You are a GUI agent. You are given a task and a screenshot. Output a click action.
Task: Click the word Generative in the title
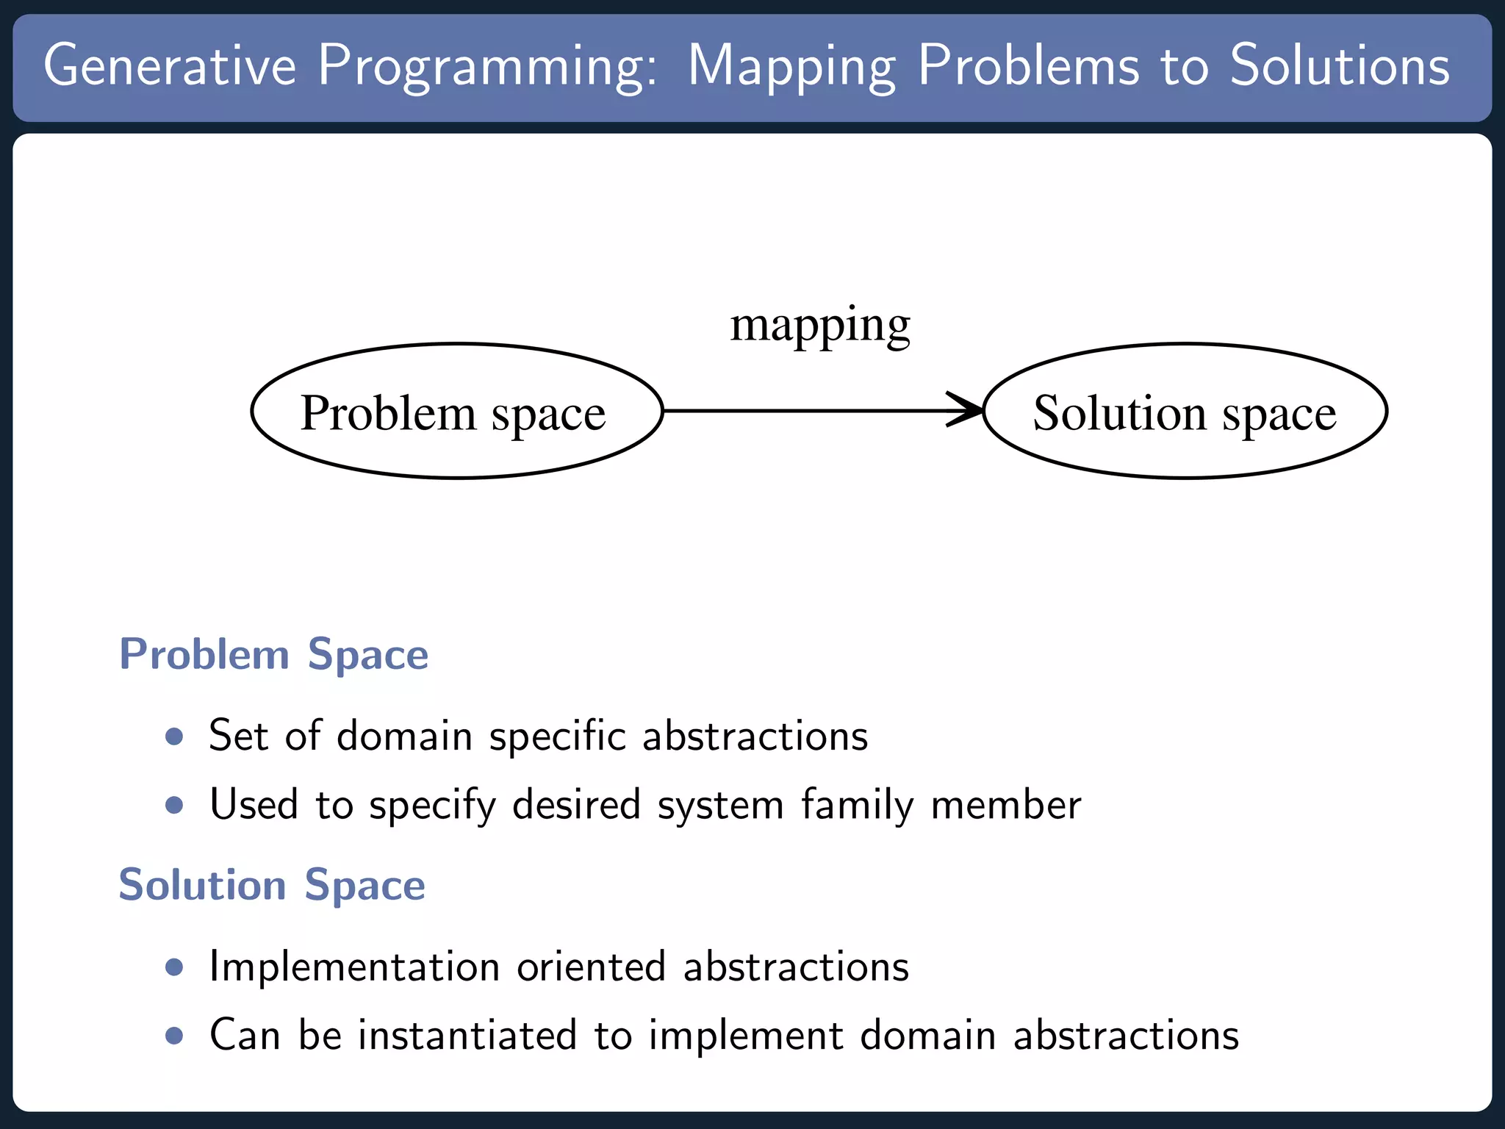170,66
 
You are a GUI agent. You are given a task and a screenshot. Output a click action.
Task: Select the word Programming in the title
486,68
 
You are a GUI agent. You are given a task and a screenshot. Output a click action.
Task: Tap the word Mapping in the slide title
791,68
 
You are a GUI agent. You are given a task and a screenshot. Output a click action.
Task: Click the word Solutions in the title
1340,66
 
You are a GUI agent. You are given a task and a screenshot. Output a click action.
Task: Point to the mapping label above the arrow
820,326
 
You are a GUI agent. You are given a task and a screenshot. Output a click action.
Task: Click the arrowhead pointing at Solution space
966,409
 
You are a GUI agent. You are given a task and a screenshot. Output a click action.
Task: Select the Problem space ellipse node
456,411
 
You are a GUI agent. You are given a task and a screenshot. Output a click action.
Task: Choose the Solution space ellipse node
1185,411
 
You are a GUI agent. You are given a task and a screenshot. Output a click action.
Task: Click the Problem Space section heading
273,654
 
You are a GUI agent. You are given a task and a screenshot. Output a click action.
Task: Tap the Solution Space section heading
272,884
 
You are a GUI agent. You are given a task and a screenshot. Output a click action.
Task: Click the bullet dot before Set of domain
174,736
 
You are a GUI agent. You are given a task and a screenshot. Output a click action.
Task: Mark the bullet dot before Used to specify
174,805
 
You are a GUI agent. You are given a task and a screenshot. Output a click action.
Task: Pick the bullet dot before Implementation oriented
174,967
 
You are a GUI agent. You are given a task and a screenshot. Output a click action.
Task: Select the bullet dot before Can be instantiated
174,1036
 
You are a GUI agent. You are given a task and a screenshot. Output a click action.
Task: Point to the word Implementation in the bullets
354,967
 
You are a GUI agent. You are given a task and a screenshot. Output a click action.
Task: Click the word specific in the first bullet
558,736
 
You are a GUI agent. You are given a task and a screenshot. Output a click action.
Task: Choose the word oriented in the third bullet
591,967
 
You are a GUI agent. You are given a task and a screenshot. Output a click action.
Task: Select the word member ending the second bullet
1006,805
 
